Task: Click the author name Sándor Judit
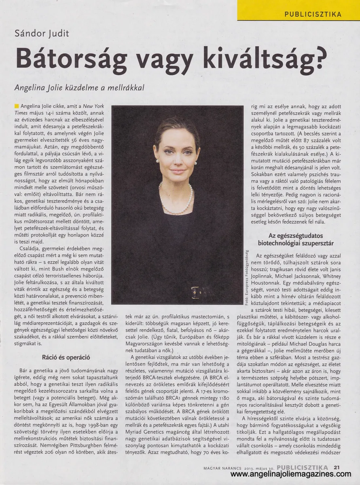click(x=42, y=33)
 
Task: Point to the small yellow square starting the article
click(x=17, y=105)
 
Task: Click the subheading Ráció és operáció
click(x=66, y=357)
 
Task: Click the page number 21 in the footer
click(x=337, y=467)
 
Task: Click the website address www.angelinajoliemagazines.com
click(x=294, y=477)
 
